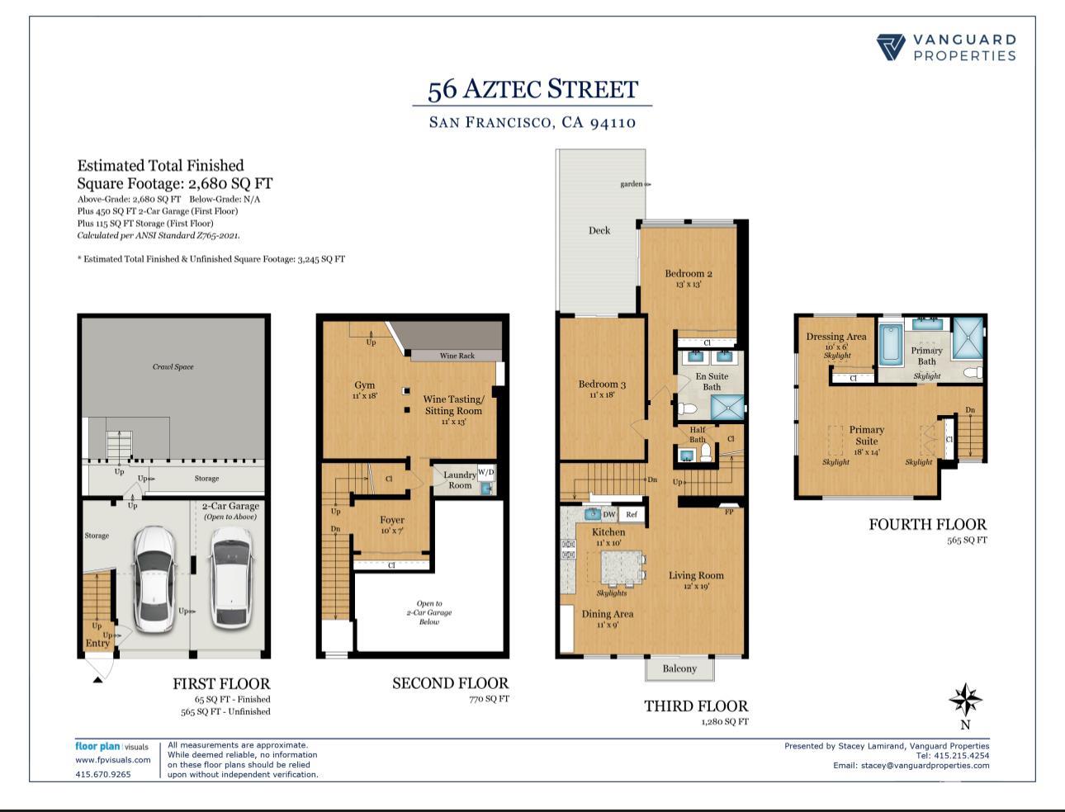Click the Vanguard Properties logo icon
click(x=891, y=47)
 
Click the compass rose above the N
click(x=964, y=700)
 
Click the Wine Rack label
click(x=457, y=356)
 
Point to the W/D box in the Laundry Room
click(x=486, y=473)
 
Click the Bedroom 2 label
click(x=689, y=274)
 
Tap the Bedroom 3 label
click(x=602, y=385)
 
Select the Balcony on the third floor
click(x=679, y=668)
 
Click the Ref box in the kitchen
click(x=632, y=514)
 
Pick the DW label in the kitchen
click(x=609, y=514)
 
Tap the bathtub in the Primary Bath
click(x=890, y=345)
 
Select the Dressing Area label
click(x=836, y=337)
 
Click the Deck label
click(x=599, y=230)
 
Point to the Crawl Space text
click(x=173, y=366)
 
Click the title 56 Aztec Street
click(x=532, y=89)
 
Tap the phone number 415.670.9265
click(x=103, y=774)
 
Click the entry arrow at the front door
click(x=97, y=678)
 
